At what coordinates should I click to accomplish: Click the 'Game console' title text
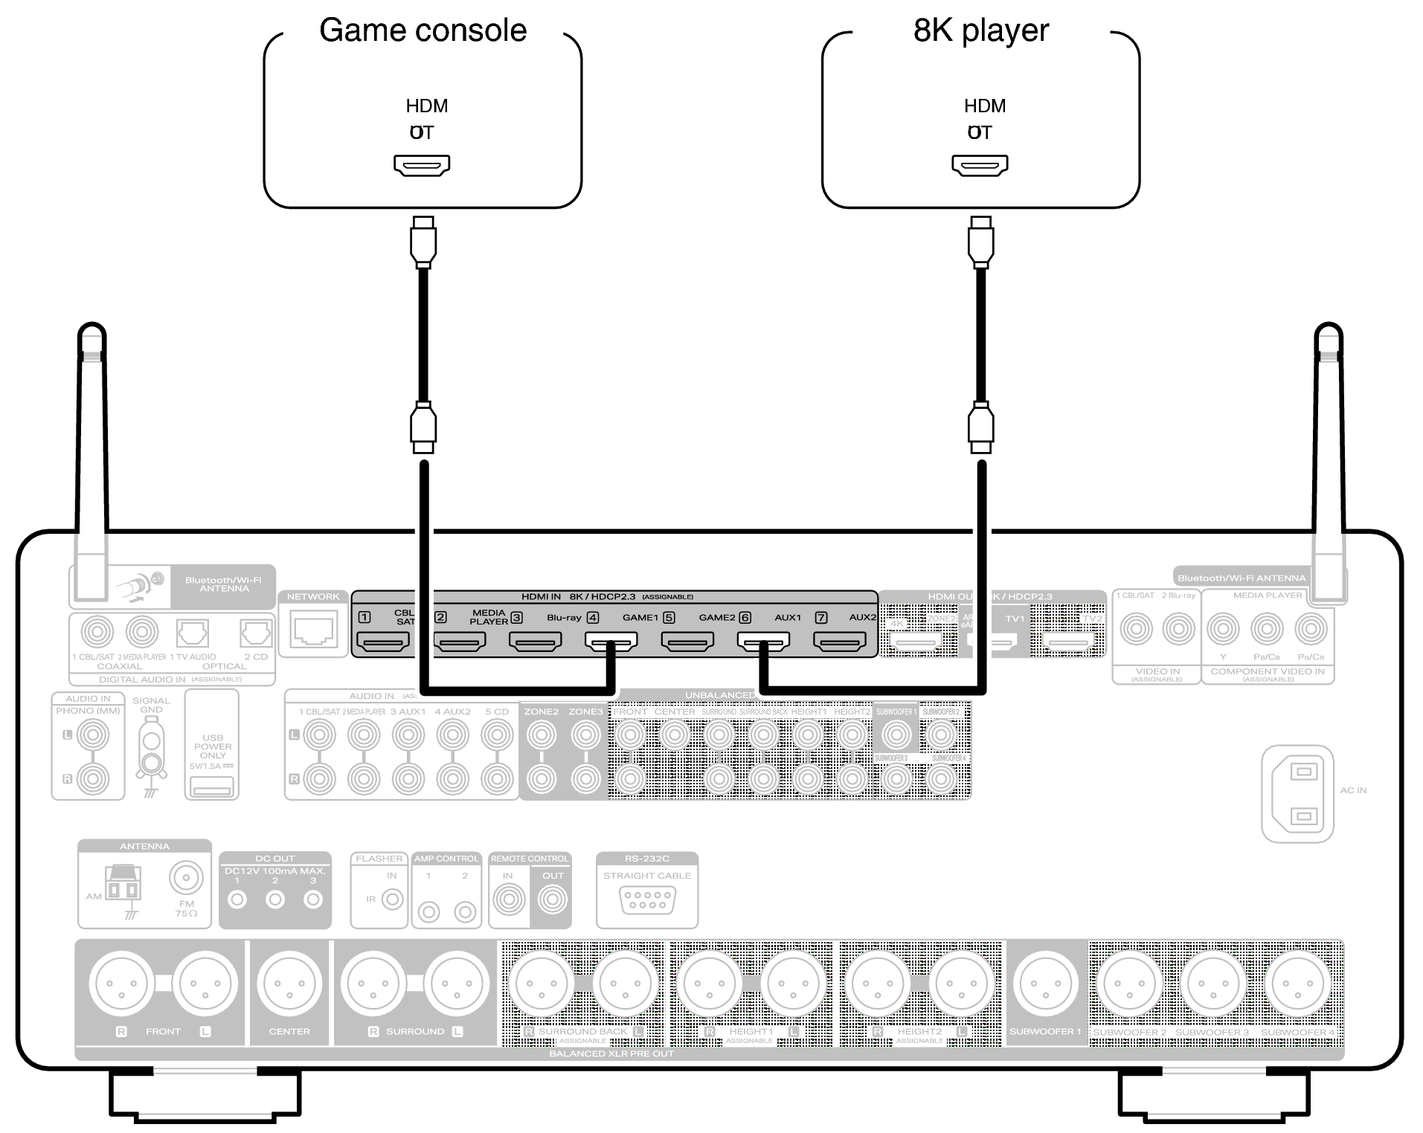(423, 31)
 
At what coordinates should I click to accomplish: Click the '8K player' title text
(980, 31)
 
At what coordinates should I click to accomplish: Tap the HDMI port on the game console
(422, 165)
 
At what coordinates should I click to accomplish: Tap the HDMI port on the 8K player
(980, 165)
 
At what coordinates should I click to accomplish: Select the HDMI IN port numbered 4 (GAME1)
(611, 641)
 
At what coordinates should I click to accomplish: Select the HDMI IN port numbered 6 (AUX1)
(763, 641)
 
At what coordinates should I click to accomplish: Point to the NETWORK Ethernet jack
(313, 630)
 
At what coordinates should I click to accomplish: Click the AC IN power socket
(1297, 793)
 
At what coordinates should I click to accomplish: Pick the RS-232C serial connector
(647, 900)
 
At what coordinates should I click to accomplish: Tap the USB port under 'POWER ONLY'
(212, 786)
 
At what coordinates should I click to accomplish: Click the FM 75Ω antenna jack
(185, 878)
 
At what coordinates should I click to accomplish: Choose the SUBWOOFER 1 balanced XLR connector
(1046, 984)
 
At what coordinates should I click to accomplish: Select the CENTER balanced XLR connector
(289, 984)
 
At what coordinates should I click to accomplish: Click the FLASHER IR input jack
(392, 900)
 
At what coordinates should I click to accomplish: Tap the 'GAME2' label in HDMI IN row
(716, 618)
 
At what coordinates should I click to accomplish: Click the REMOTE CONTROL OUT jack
(552, 900)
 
